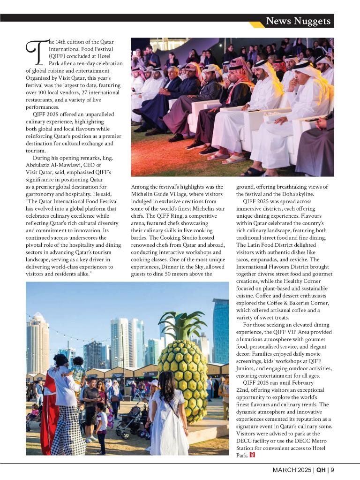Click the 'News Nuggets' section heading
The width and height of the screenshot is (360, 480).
(298, 21)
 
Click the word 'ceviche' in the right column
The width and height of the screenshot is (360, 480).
(308, 259)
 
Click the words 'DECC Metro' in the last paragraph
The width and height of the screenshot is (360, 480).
(309, 441)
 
